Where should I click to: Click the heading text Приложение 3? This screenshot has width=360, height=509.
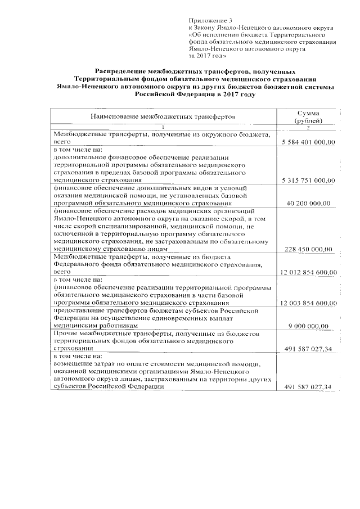(x=206, y=20)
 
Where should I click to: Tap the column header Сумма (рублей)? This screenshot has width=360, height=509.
(x=308, y=117)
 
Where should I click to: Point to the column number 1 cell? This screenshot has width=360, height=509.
(x=164, y=129)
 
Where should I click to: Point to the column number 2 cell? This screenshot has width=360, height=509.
(x=308, y=129)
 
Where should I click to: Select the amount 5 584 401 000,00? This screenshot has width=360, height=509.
(x=308, y=143)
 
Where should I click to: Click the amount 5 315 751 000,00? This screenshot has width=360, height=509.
(x=308, y=180)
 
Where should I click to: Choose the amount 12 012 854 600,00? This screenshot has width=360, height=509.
(x=308, y=272)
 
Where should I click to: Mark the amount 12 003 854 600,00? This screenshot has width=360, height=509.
(x=308, y=303)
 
